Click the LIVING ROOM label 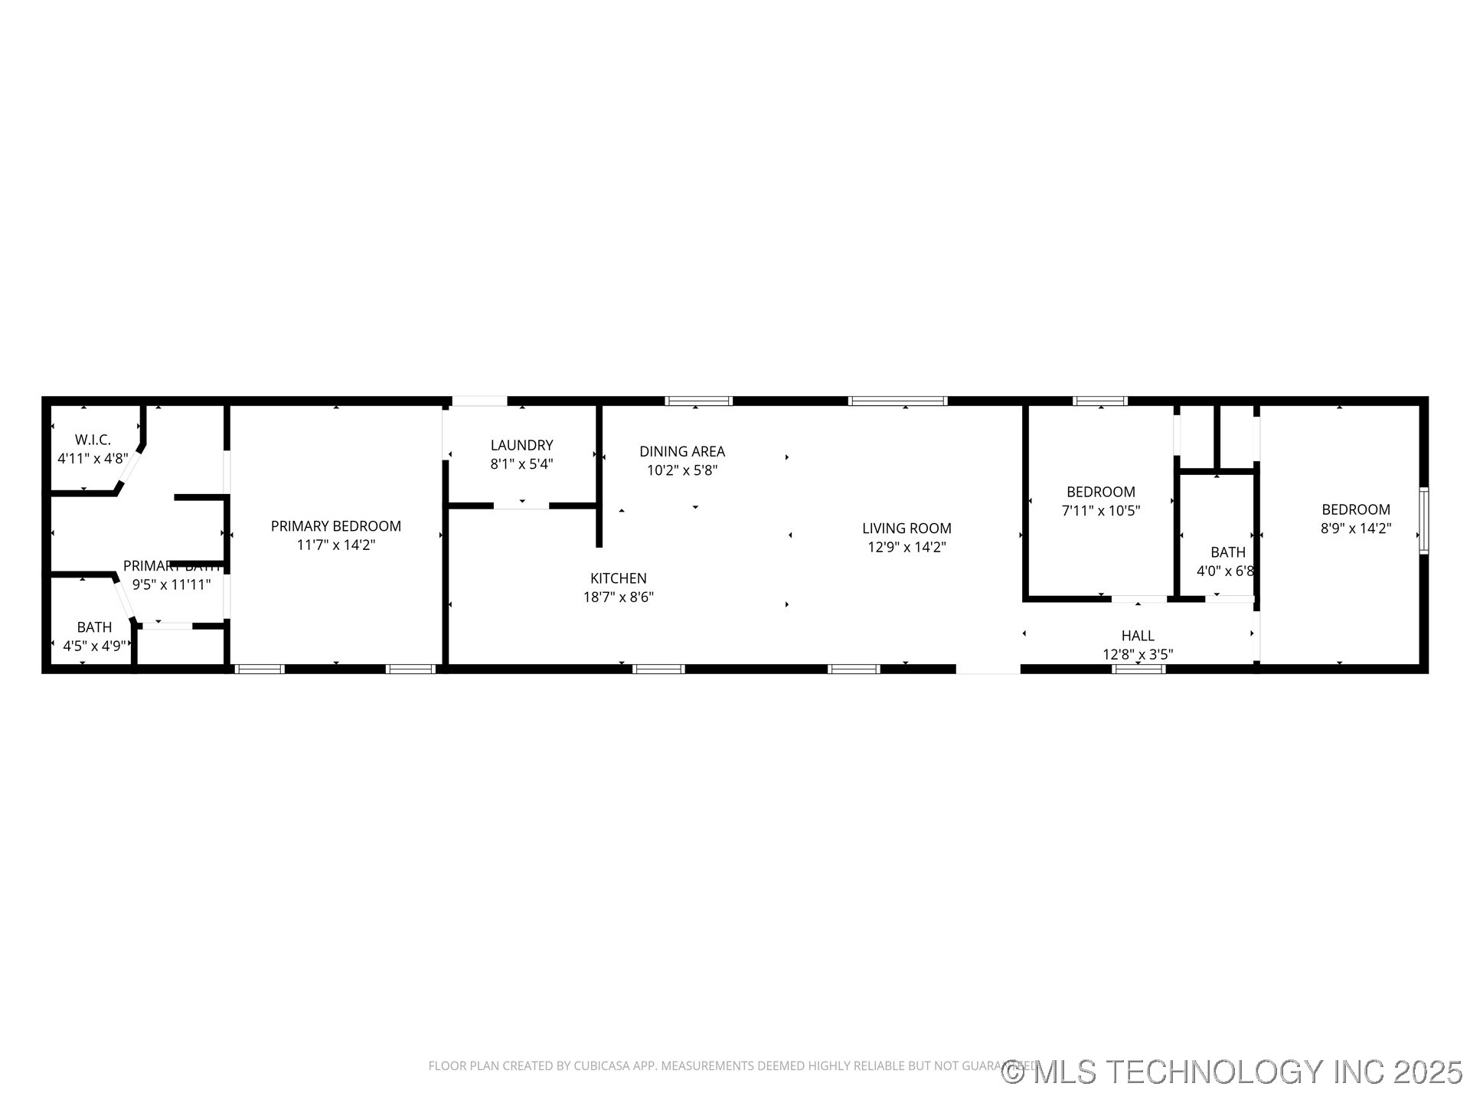coord(906,528)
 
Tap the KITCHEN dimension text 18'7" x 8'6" coord(618,597)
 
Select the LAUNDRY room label coord(521,445)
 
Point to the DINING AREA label coord(681,451)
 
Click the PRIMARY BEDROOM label coord(335,526)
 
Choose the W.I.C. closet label coord(93,440)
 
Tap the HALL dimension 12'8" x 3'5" coord(1137,654)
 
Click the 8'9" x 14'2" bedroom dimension coord(1355,529)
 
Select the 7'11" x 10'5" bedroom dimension coord(1100,511)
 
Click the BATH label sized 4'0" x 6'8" coord(1227,552)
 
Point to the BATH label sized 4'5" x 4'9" coord(94,627)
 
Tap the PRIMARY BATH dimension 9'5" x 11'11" coord(171,584)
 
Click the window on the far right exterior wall coord(1423,521)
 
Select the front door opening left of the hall coord(988,669)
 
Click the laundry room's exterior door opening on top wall coord(479,401)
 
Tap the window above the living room coord(897,401)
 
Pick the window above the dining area coord(698,401)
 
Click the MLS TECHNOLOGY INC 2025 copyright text coord(1232,1072)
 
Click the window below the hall coord(1138,669)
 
